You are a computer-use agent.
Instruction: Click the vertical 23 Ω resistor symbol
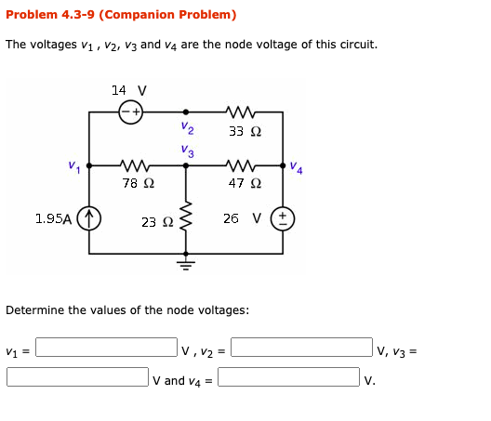(185, 219)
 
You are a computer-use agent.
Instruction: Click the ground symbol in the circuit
(185, 261)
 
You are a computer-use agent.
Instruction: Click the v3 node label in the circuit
(188, 150)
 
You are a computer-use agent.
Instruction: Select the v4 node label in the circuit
(296, 167)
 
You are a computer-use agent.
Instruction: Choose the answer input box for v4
(288, 377)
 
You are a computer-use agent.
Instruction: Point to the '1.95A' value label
(54, 219)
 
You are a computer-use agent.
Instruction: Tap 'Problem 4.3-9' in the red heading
(48, 15)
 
